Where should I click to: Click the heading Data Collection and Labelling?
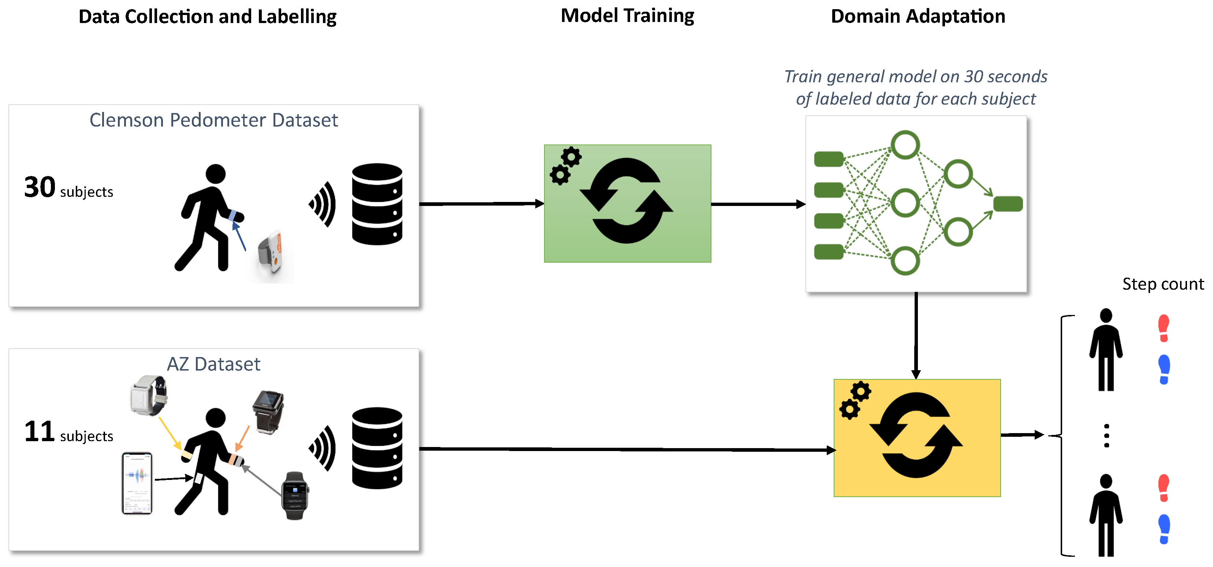pyautogui.click(x=207, y=17)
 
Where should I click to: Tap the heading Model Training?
pyautogui.click(x=627, y=16)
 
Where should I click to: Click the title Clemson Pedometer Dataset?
pyautogui.click(x=213, y=120)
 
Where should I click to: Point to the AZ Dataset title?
pyautogui.click(x=213, y=364)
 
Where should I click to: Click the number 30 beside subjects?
pyautogui.click(x=40, y=187)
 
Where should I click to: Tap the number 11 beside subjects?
pyautogui.click(x=40, y=432)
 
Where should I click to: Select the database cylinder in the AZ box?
pyautogui.click(x=377, y=448)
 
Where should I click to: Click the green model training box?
pyautogui.click(x=627, y=203)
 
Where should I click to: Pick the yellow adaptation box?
pyautogui.click(x=916, y=438)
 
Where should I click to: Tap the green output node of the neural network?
pyautogui.click(x=1007, y=204)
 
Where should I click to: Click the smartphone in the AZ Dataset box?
pyautogui.click(x=137, y=483)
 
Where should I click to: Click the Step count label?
pyautogui.click(x=1162, y=284)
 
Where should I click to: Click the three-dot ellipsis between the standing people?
pyautogui.click(x=1106, y=435)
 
